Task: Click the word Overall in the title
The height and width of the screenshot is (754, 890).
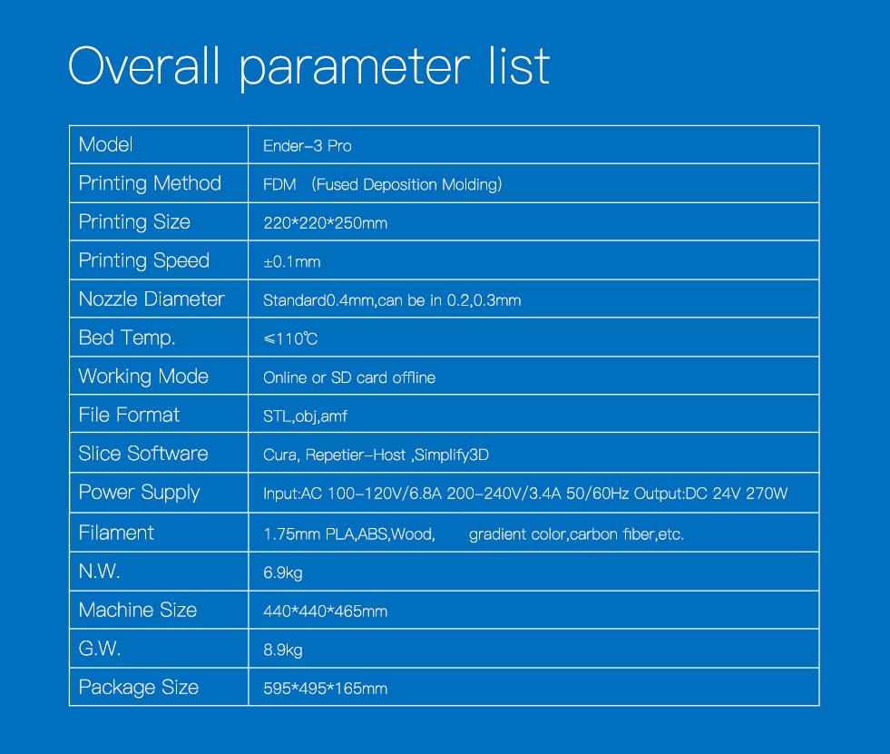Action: click(144, 66)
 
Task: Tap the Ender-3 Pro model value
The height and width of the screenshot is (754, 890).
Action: click(307, 146)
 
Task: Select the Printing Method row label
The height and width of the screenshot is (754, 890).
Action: click(150, 183)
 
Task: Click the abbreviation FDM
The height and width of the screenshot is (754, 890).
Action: click(279, 184)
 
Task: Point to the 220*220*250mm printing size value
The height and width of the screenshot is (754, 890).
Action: click(325, 223)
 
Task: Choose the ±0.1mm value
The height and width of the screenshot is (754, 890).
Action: click(292, 261)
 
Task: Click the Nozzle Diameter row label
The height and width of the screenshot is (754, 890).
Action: click(152, 299)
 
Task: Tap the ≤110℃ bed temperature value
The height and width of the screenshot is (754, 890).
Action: click(290, 339)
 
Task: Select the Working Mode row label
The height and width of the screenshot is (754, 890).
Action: click(143, 377)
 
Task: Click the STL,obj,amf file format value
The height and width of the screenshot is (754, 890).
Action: click(305, 416)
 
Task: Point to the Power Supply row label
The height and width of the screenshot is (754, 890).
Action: click(139, 493)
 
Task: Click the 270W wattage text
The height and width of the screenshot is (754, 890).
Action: click(767, 494)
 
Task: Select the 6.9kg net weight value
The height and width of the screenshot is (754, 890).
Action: click(283, 573)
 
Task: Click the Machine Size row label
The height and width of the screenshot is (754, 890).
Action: click(138, 610)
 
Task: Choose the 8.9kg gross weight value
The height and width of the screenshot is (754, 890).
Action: click(283, 650)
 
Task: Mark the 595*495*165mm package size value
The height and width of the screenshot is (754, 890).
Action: click(325, 689)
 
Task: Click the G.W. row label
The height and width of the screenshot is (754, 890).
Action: click(99, 649)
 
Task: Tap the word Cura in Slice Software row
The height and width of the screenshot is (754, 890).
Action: click(280, 455)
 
